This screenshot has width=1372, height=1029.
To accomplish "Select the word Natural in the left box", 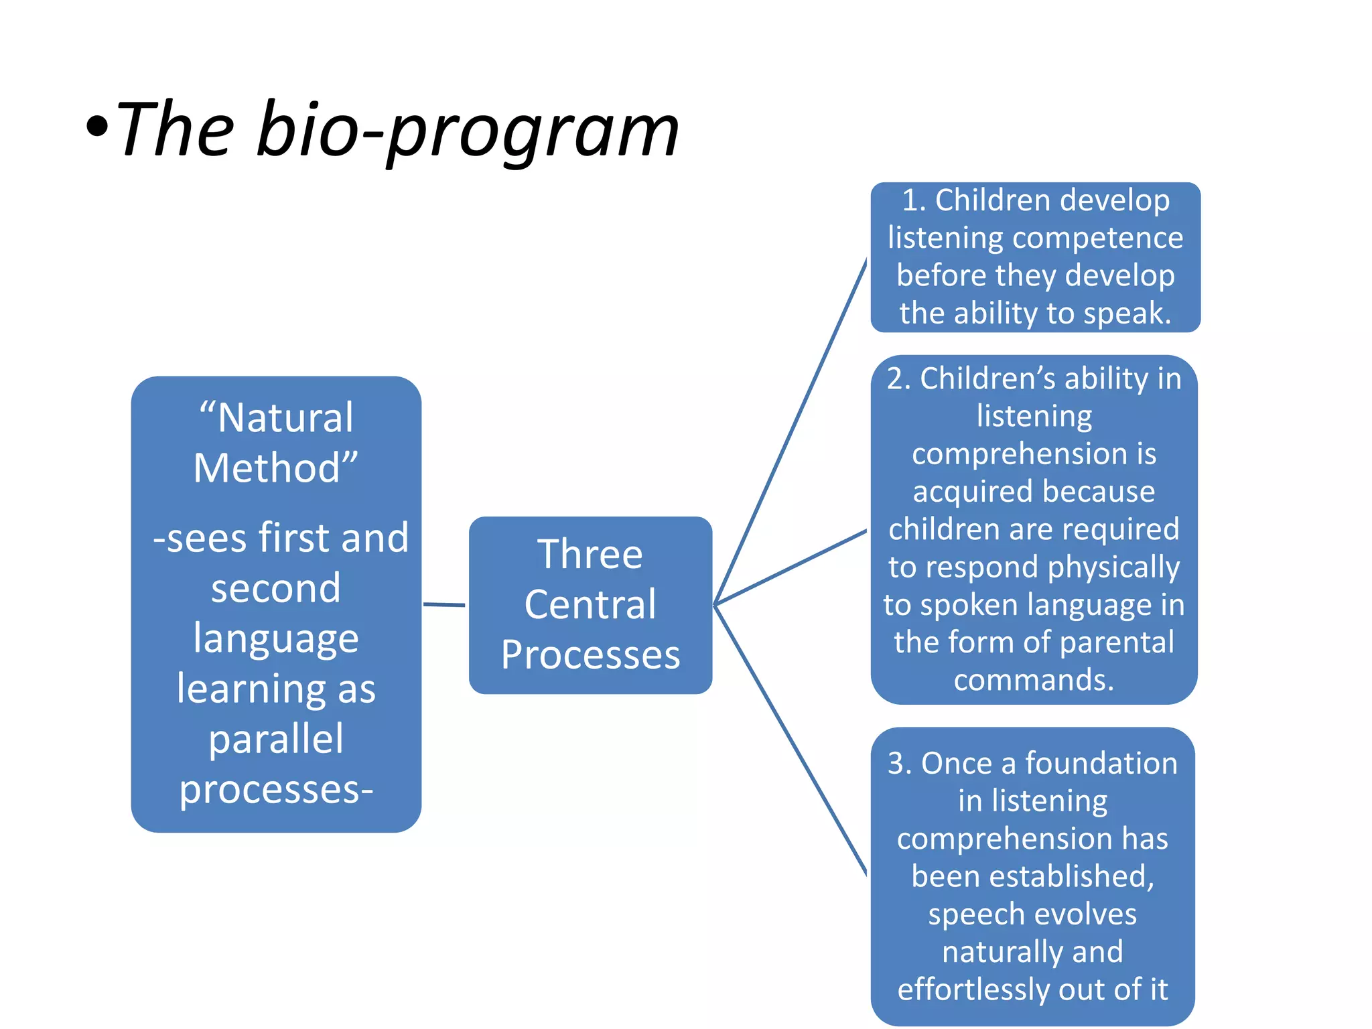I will pos(285,418).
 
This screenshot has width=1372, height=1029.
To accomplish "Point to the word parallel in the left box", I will pos(276,739).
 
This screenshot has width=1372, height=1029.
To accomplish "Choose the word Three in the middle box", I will pos(590,555).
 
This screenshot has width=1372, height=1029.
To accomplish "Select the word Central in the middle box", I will pos(590,605).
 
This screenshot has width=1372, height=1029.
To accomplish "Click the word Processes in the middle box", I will pos(590,655).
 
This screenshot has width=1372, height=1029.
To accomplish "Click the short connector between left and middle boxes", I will pos(444,605).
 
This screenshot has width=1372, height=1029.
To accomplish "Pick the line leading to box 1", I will pos(791,432).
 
